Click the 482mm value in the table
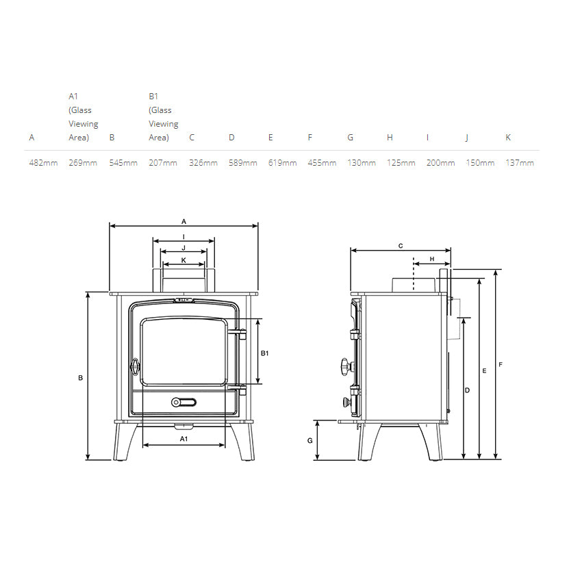42,163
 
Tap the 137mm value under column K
519,163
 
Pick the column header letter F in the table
310,138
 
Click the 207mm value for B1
162,163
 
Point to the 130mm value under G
361,163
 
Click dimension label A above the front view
184,222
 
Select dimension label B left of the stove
80,377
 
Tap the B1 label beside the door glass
265,353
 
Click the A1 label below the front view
184,438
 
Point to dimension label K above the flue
184,260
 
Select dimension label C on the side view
401,245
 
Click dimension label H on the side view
432,259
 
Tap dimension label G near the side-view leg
310,440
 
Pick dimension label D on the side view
467,390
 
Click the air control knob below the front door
183,402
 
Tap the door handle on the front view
135,367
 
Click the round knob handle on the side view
344,368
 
